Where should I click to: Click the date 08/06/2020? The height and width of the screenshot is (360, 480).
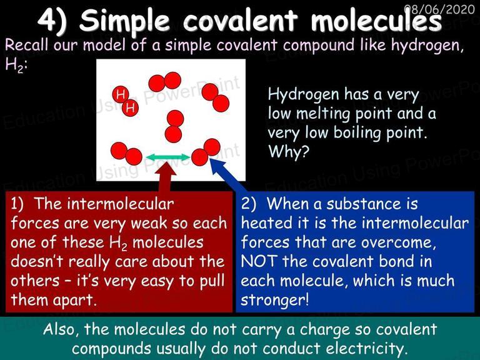(x=439, y=9)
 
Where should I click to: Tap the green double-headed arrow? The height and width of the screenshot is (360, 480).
(x=168, y=157)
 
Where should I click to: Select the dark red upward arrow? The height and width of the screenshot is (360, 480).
(x=166, y=178)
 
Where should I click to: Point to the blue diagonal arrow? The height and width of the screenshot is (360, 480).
(x=228, y=175)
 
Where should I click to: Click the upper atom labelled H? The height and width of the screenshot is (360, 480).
(x=120, y=94)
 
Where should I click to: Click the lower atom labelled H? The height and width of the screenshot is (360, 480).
(x=130, y=107)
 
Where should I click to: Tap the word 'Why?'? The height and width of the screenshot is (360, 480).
(x=289, y=151)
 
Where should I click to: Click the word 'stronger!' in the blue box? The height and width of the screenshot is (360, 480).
(x=274, y=300)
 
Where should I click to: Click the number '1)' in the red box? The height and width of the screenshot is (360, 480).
(x=17, y=204)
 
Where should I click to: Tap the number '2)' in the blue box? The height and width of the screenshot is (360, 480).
(x=249, y=204)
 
